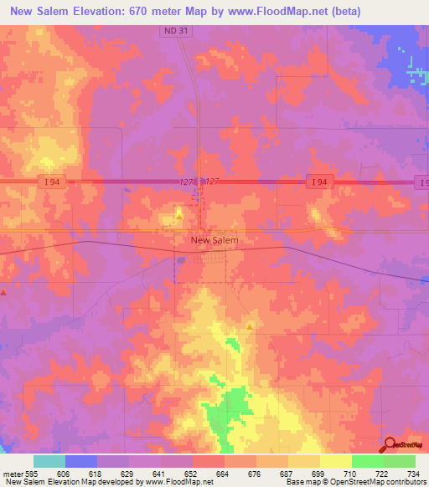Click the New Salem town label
click(214, 240)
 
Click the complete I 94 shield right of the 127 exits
click(317, 182)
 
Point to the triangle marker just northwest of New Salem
click(179, 215)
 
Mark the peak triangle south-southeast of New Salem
click(250, 326)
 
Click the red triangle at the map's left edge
click(4, 292)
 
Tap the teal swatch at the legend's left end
click(49, 461)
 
